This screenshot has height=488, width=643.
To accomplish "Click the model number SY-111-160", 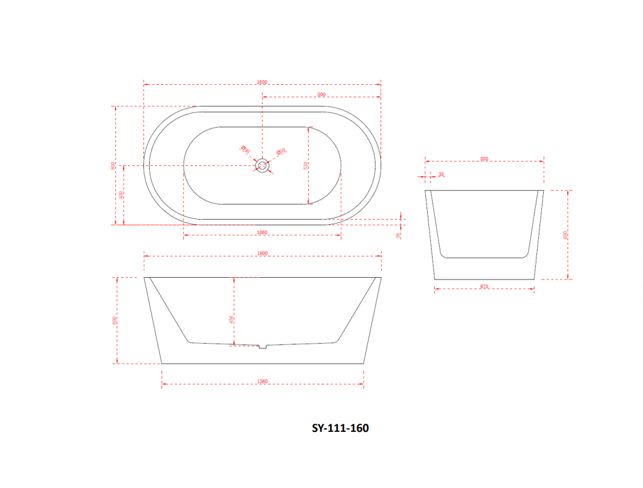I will click(340, 428).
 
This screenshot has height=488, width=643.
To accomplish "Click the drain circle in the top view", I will click(263, 165).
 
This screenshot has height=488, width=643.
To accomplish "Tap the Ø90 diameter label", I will click(245, 150).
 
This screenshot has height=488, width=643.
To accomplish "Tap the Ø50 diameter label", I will click(281, 151).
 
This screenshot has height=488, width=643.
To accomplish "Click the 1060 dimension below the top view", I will click(262, 232).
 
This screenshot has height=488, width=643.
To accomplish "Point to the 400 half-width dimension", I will click(122, 194).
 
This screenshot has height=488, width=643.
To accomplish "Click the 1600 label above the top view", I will click(262, 82).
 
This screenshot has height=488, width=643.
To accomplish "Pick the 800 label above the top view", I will click(321, 94).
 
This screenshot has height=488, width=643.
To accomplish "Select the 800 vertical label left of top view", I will click(113, 165).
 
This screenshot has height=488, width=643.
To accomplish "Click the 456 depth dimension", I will click(231, 319).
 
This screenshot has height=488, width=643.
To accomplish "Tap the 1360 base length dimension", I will click(263, 381).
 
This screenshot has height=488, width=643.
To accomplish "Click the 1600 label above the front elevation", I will click(262, 253).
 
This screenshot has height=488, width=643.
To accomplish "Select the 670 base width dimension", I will click(484, 286).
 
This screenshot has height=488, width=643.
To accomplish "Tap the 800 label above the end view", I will click(485, 159).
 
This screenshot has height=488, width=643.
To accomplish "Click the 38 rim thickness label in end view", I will click(442, 175).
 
